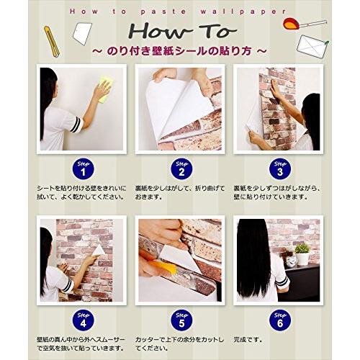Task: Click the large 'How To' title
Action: (180, 32)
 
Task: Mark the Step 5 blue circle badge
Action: (180, 317)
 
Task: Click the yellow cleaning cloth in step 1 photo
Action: (104, 89)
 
